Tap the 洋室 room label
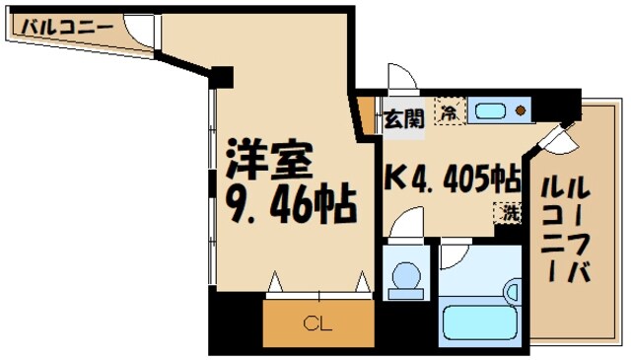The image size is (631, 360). pos(270,158)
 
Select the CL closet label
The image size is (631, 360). pos(317,322)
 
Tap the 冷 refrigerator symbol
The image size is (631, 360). pos(451,112)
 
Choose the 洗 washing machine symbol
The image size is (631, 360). pos(507,211)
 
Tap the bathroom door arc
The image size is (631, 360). pos(455,257)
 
